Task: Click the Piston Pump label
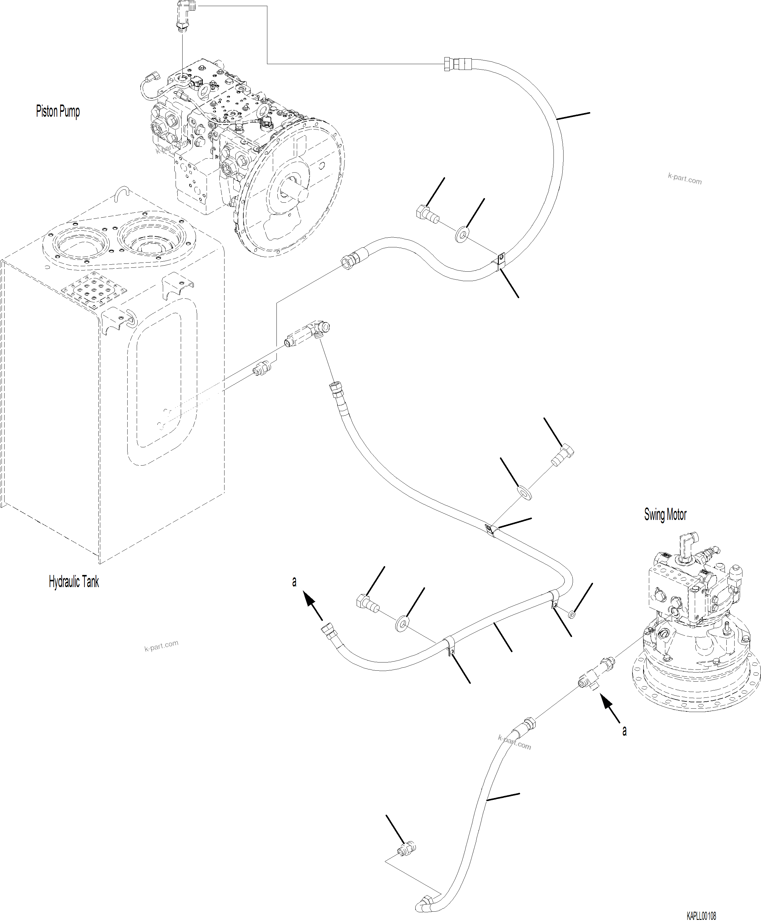[x=57, y=111]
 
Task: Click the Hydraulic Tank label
[x=74, y=582]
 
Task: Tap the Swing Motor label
[x=665, y=514]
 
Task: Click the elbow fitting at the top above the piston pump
[x=184, y=13]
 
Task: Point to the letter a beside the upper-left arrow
[x=294, y=581]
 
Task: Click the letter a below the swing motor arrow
[x=624, y=731]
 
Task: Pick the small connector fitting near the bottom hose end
[x=406, y=849]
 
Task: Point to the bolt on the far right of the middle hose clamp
[x=562, y=456]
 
